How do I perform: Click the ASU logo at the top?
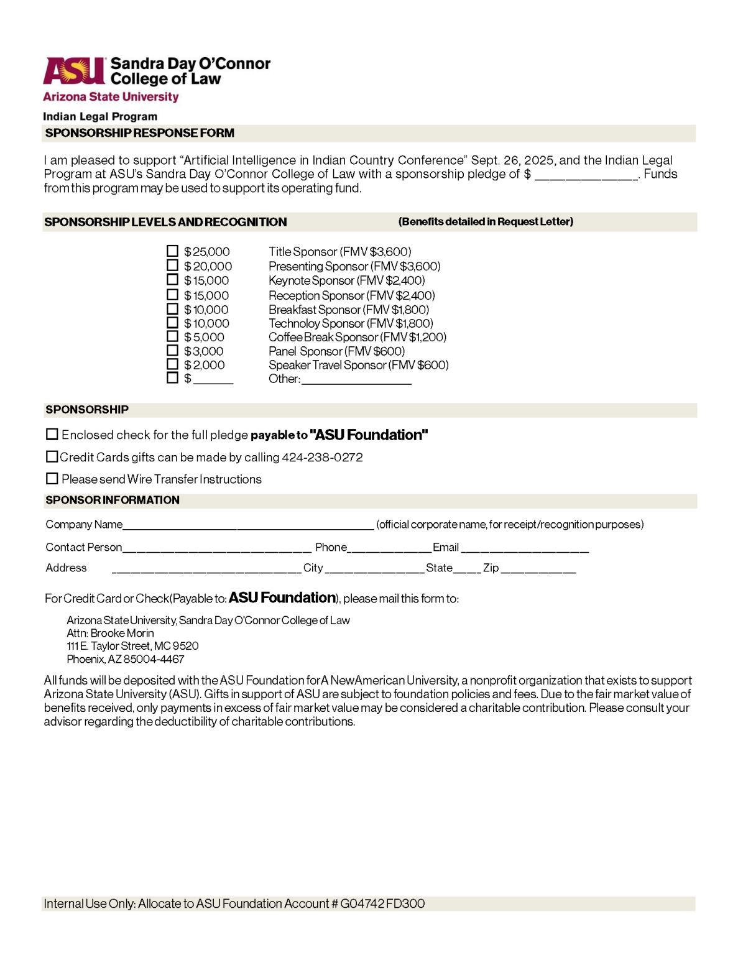[x=74, y=71]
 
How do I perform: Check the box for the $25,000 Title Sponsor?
[x=172, y=251]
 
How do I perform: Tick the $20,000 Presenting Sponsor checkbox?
[x=172, y=265]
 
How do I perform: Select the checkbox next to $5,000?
[x=172, y=336]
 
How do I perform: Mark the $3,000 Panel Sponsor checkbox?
[x=172, y=351]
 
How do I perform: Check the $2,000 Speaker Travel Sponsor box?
[x=172, y=364]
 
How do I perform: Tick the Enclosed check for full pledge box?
[x=52, y=434]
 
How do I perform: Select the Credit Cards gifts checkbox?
[x=52, y=456]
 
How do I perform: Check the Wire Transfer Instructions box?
[x=52, y=479]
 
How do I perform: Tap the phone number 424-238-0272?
[x=322, y=458]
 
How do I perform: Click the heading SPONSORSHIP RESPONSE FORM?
[x=140, y=133]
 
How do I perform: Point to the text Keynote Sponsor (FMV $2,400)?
[x=346, y=280]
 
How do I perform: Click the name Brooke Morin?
[x=122, y=633]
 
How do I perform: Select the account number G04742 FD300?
[x=382, y=903]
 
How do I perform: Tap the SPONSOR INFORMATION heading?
[x=113, y=501]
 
